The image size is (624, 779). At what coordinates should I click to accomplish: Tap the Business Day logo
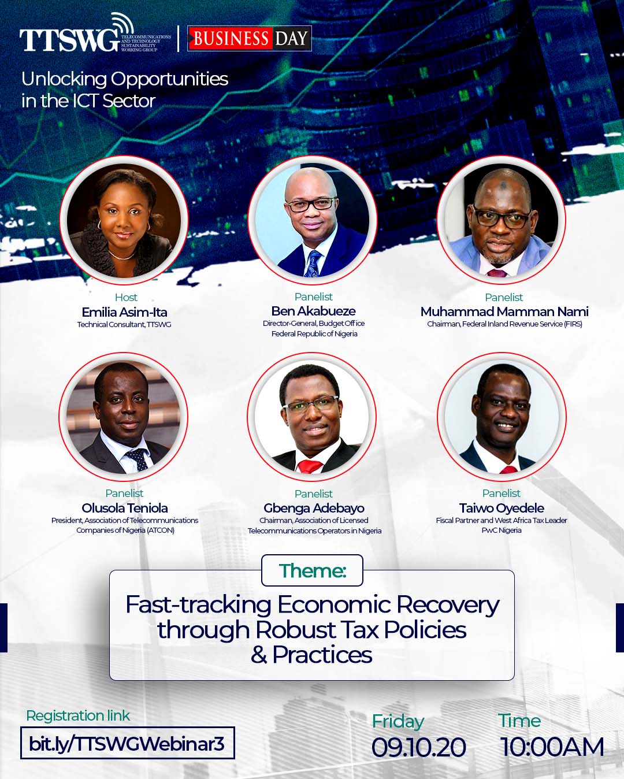click(x=250, y=38)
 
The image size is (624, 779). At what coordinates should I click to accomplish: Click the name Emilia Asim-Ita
click(x=124, y=312)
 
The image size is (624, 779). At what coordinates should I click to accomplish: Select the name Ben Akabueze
click(x=314, y=311)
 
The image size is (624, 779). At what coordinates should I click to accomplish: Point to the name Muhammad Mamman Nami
click(x=504, y=311)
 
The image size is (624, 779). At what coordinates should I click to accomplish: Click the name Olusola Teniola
click(x=124, y=508)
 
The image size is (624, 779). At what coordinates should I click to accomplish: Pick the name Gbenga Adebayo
click(x=314, y=508)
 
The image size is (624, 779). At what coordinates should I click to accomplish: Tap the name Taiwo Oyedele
click(x=502, y=508)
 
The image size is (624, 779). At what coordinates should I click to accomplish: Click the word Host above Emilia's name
click(x=126, y=297)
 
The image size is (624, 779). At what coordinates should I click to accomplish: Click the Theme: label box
click(x=312, y=570)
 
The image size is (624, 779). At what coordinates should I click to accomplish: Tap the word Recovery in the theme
click(x=448, y=605)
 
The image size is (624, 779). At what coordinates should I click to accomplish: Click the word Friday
click(x=398, y=722)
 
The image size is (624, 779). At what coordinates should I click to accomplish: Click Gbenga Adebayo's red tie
click(x=310, y=466)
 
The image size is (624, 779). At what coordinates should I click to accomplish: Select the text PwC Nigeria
click(x=502, y=531)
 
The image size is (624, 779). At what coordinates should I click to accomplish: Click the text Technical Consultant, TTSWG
click(x=124, y=324)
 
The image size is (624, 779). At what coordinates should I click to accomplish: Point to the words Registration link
click(x=78, y=715)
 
